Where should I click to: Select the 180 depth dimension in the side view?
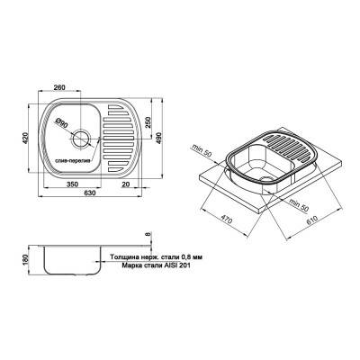12,260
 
